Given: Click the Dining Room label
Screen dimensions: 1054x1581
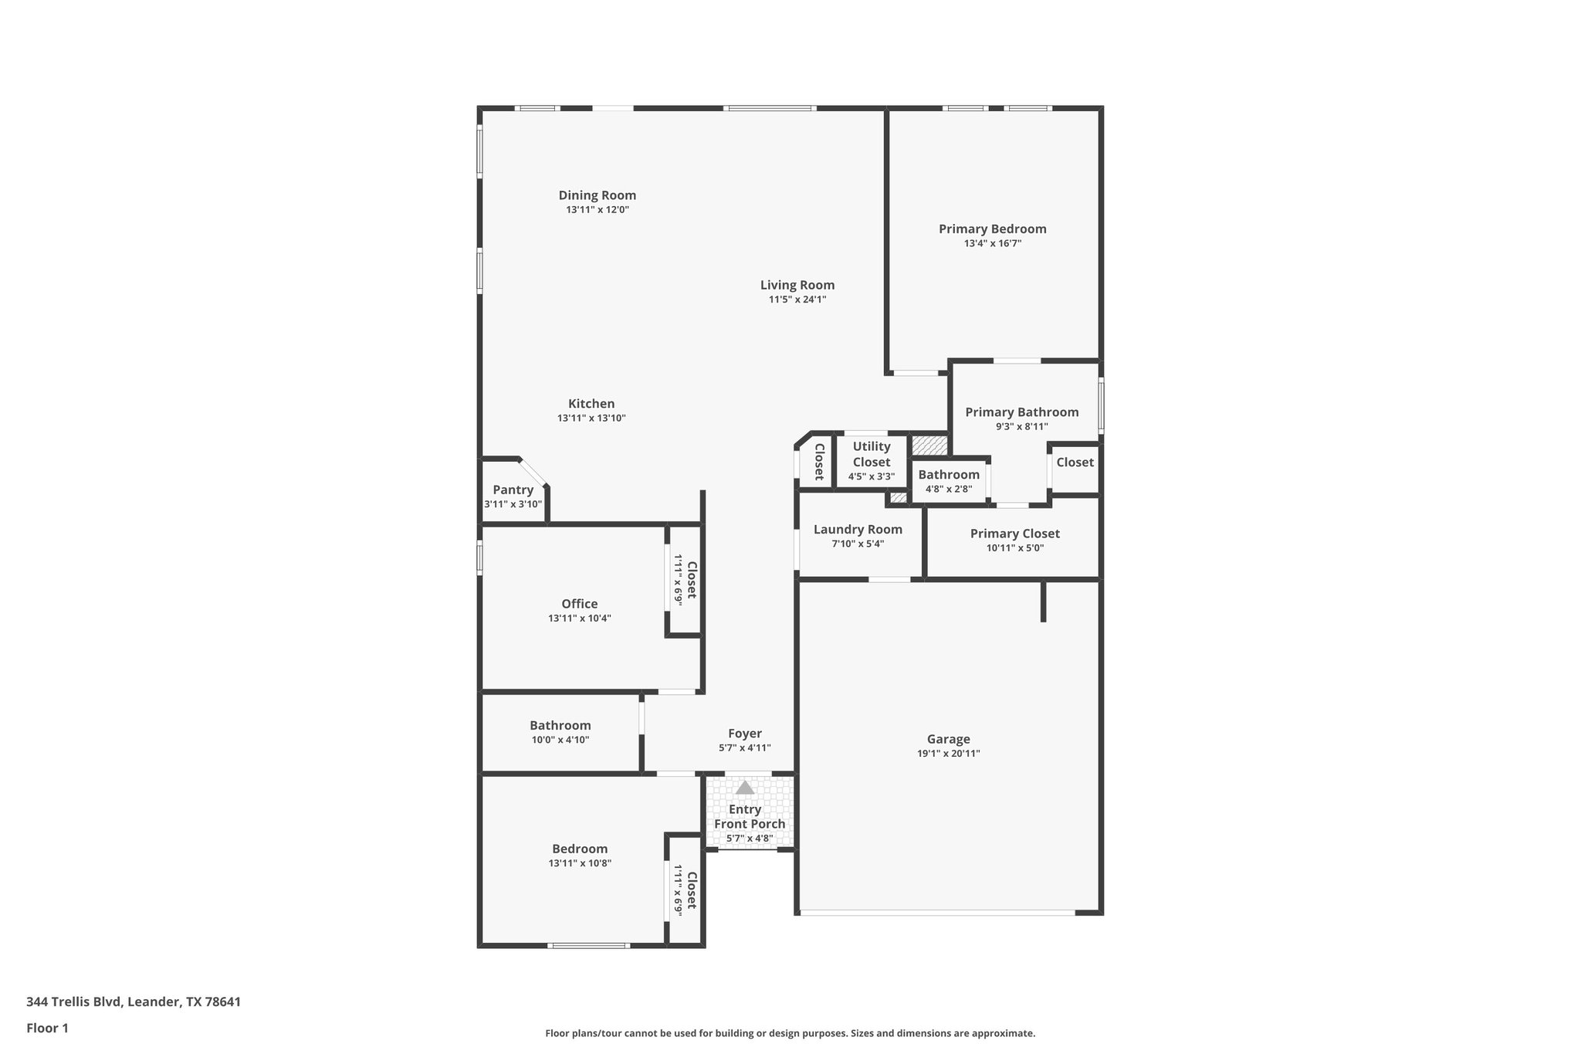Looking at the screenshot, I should point(597,195).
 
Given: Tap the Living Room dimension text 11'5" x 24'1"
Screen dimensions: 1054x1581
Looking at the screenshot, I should point(797,300).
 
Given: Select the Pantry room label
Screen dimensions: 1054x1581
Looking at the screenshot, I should point(513,490).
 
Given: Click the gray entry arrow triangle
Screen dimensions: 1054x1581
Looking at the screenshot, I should point(744,788).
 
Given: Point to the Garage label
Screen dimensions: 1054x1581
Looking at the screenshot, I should point(948,739).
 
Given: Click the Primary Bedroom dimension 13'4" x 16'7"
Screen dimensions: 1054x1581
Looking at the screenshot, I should point(992,243).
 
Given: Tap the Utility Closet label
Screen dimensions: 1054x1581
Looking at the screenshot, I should point(871,454).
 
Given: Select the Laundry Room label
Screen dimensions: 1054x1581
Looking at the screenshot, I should point(857,530).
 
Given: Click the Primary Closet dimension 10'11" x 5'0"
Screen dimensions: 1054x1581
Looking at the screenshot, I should point(1014,548).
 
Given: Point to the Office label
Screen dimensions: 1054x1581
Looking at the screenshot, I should point(579,604).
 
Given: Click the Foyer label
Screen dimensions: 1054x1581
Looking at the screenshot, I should point(744,734).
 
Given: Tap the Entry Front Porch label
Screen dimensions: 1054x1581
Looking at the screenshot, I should point(749,816).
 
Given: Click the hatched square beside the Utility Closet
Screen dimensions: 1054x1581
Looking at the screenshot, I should point(929,446).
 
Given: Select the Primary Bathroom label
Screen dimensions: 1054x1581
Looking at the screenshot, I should point(1021,412).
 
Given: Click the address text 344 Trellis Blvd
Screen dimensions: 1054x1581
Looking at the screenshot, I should point(74,1002).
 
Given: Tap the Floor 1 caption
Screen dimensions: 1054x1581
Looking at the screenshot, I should point(47,1028).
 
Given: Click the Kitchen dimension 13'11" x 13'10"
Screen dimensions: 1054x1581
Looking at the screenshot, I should point(591,419).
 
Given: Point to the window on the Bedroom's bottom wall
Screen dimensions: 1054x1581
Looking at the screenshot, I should point(588,945).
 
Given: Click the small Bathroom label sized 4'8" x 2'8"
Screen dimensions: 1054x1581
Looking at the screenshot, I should point(948,475).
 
